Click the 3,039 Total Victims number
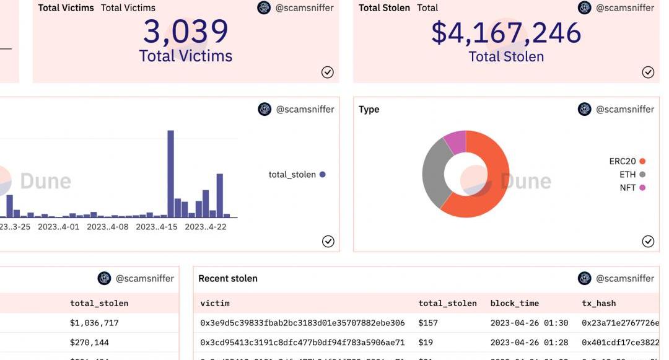tap(186, 32)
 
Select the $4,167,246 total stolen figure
tap(506, 33)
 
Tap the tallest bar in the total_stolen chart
tap(171, 173)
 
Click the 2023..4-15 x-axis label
tap(157, 227)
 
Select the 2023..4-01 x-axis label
tap(58, 227)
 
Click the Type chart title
tap(369, 109)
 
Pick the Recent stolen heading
tap(228, 278)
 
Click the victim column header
tap(215, 303)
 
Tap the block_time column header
tap(514, 303)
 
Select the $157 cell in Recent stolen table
tap(428, 323)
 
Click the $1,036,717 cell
tap(94, 323)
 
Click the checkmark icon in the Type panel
tap(648, 241)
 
